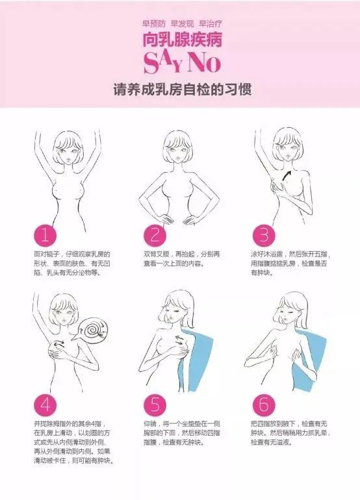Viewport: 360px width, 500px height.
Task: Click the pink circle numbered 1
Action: [x=45, y=236]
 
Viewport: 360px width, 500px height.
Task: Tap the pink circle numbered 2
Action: [x=155, y=236]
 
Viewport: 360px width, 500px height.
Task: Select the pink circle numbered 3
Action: [x=264, y=236]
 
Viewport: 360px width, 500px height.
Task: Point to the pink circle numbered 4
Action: [x=45, y=405]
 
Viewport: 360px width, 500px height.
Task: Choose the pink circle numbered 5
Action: [x=155, y=405]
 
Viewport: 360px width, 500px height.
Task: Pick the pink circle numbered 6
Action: [x=264, y=405]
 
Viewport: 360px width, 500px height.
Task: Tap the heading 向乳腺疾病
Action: [x=182, y=40]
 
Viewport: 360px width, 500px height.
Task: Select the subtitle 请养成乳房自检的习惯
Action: [x=182, y=90]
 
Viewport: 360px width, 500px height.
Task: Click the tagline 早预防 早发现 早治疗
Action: [x=182, y=23]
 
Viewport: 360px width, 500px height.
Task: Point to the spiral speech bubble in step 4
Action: [x=94, y=329]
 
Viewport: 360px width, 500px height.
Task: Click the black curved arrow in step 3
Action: [x=287, y=176]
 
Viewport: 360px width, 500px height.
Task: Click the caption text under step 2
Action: [x=181, y=259]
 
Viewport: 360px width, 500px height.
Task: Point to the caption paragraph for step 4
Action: [x=73, y=442]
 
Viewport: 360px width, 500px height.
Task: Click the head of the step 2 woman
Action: [x=176, y=147]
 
